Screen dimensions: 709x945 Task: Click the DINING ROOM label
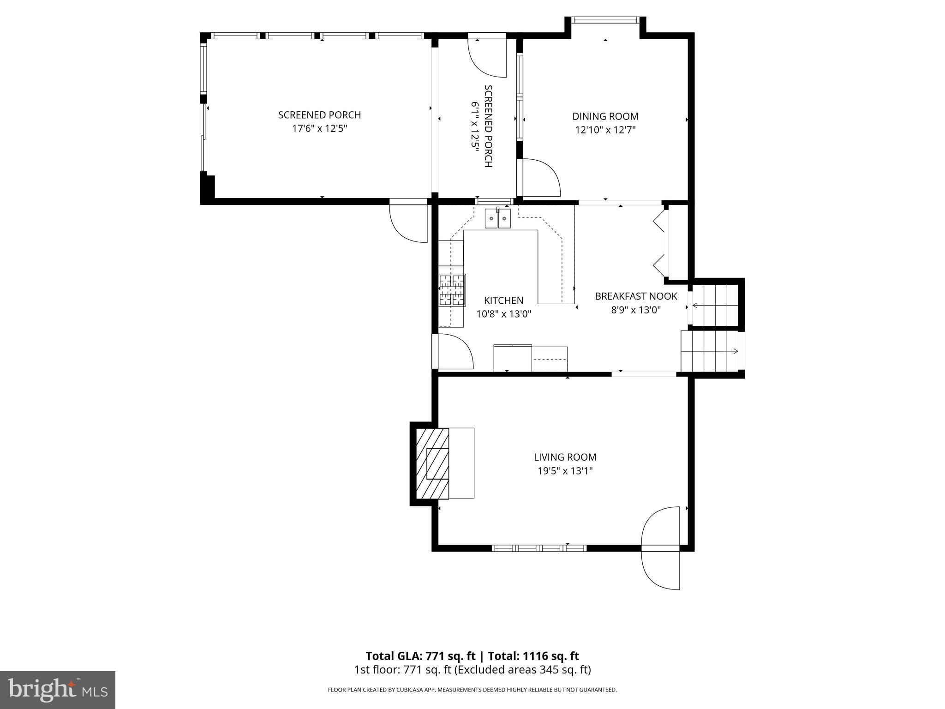605,117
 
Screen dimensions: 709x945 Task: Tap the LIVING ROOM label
565,457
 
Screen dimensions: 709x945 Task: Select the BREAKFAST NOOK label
636,296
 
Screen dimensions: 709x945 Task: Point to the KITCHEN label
503,300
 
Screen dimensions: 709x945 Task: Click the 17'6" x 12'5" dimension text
319,128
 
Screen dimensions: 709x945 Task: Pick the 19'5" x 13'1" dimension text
565,471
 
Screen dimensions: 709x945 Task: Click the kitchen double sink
498,218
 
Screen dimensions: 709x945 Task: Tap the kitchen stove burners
452,290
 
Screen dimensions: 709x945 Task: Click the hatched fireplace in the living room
432,463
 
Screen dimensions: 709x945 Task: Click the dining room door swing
540,178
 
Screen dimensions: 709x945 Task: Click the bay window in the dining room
605,20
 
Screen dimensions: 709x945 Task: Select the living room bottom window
539,548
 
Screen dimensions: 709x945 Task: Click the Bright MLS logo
58,690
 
